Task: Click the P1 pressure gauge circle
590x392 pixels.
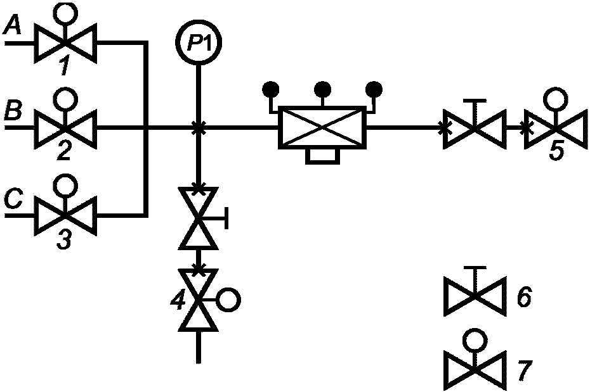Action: (199, 42)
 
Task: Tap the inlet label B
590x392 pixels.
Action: (13, 111)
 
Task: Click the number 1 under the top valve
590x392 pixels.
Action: (65, 67)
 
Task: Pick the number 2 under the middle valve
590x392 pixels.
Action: (64, 151)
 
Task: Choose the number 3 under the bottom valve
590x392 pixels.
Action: (64, 240)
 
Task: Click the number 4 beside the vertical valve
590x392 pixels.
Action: (178, 301)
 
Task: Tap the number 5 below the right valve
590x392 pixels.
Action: (556, 151)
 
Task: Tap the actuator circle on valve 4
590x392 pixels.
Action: (228, 300)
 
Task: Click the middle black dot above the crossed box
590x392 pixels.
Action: (323, 89)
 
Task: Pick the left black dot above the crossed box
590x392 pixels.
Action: (270, 89)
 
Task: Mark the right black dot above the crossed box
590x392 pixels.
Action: (374, 89)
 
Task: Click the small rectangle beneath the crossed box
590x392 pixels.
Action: (322, 156)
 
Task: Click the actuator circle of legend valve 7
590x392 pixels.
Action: (475, 341)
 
